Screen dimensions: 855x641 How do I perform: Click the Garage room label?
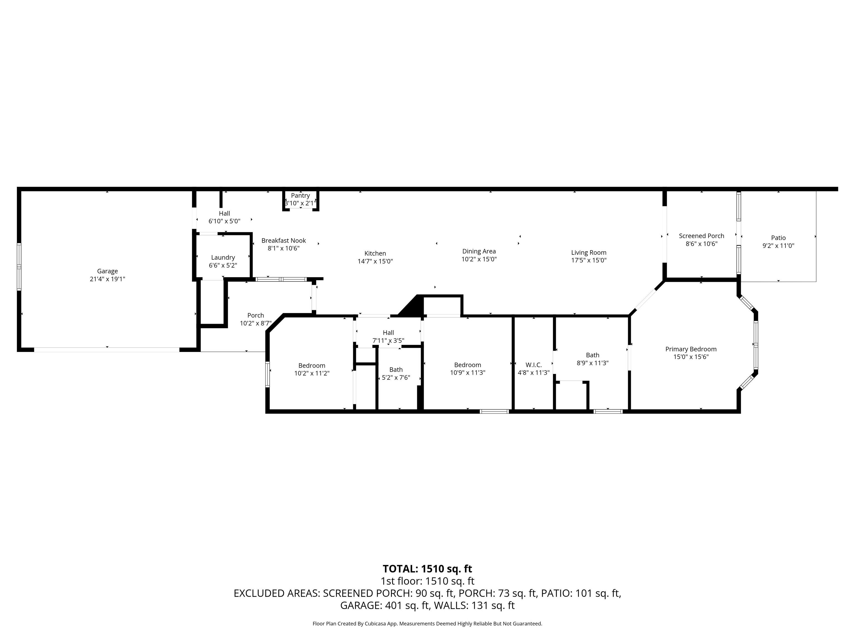click(x=107, y=271)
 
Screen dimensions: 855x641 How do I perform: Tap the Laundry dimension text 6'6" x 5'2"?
click(x=223, y=265)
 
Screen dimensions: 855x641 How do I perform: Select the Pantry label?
click(x=300, y=196)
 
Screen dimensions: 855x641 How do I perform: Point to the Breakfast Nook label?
click(x=284, y=240)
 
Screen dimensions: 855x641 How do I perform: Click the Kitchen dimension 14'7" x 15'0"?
click(x=375, y=261)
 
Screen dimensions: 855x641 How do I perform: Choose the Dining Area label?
click(x=479, y=251)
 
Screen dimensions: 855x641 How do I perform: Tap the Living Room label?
click(x=589, y=252)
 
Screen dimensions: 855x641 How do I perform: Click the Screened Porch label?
click(x=702, y=236)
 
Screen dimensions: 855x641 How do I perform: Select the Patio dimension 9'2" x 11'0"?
click(x=778, y=245)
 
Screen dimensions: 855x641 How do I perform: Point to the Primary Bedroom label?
click(x=691, y=349)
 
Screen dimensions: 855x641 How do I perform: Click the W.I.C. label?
click(x=534, y=365)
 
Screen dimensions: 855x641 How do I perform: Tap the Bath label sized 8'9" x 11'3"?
click(x=593, y=355)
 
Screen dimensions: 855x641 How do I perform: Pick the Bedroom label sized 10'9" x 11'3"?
click(x=468, y=365)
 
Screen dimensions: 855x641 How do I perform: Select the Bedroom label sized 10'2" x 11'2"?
click(x=312, y=366)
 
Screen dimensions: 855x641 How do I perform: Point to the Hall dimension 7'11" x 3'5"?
click(x=389, y=341)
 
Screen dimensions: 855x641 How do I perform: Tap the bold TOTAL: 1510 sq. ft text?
click(x=427, y=569)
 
